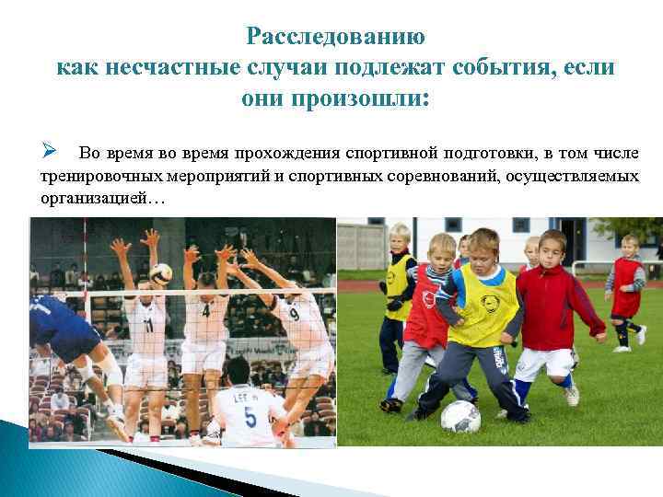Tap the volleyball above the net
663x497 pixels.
pyautogui.click(x=161, y=272)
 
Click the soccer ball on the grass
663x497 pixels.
pyautogui.click(x=460, y=416)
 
